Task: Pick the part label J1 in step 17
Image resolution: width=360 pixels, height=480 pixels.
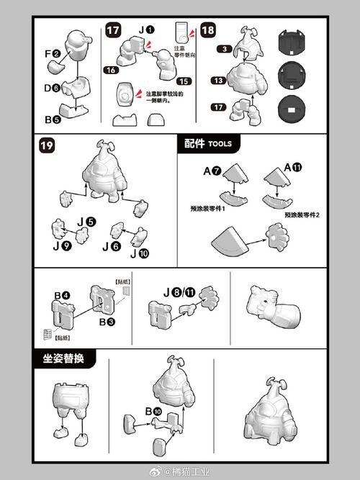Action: (145, 30)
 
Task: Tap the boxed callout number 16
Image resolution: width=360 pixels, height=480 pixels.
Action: (110, 71)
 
